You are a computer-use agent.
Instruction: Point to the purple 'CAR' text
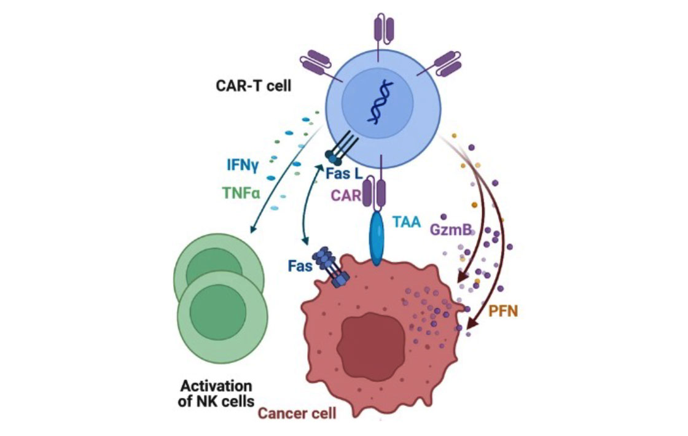[346, 195]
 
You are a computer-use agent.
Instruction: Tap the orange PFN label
[504, 311]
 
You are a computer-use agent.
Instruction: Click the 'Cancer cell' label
[297, 413]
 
